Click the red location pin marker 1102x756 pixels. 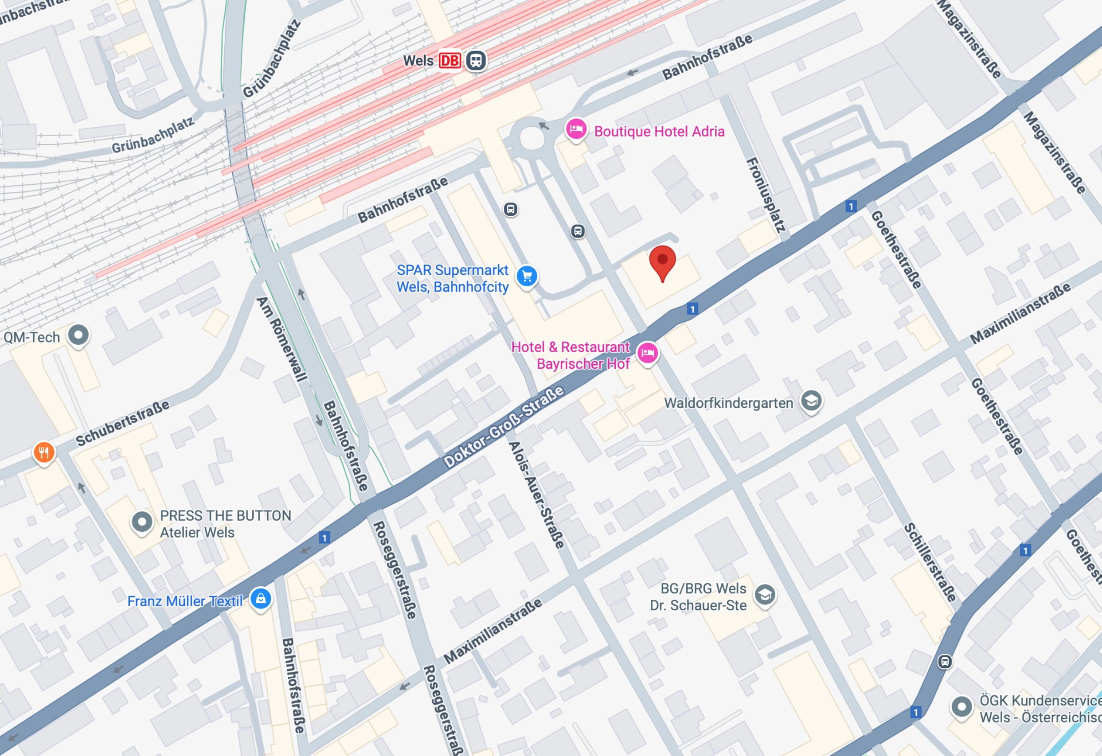(x=662, y=262)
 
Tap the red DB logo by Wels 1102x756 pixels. (x=449, y=61)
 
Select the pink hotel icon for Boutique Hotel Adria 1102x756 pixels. (x=576, y=129)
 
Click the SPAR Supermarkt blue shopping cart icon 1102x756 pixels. (x=527, y=276)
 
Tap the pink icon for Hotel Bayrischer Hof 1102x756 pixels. (x=648, y=353)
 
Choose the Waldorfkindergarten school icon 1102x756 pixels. (x=811, y=401)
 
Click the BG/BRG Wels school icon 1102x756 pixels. (x=765, y=594)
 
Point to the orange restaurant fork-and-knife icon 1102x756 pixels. (x=43, y=452)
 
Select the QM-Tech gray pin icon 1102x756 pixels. (x=78, y=335)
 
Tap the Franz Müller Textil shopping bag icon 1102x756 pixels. (x=260, y=599)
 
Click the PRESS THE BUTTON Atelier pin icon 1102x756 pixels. (x=141, y=522)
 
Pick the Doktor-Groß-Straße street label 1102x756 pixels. (x=504, y=426)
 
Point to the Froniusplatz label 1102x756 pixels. (x=766, y=195)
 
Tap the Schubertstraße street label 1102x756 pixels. (x=122, y=423)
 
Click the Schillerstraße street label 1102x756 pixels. (x=930, y=562)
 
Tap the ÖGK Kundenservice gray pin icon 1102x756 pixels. (x=961, y=707)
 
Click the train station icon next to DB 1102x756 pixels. (x=476, y=61)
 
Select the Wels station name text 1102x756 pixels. (x=418, y=61)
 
